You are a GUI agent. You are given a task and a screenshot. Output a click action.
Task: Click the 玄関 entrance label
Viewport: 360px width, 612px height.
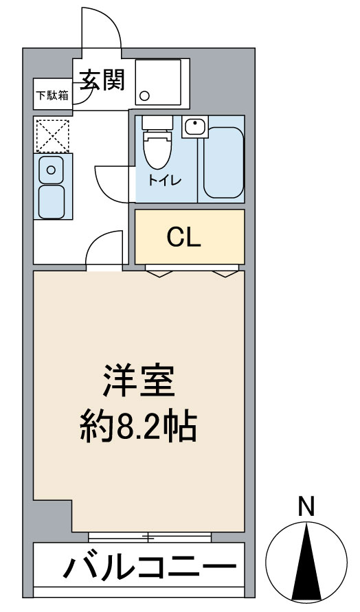[x=102, y=80]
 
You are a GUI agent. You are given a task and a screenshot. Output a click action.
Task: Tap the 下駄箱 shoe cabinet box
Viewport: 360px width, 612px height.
[x=53, y=95]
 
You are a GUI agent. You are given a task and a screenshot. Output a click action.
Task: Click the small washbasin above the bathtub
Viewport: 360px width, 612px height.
[x=195, y=126]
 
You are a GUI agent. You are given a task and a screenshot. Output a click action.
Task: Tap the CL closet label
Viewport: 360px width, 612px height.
[x=184, y=237]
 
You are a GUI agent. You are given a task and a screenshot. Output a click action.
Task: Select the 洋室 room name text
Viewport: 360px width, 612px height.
[x=139, y=381]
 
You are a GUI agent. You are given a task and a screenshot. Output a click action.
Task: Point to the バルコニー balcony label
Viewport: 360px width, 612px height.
[x=150, y=565]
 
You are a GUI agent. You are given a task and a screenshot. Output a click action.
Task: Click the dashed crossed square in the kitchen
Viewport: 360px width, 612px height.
[x=53, y=136]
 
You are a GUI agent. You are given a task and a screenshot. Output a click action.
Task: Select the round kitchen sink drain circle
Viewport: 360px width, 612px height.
[x=51, y=170]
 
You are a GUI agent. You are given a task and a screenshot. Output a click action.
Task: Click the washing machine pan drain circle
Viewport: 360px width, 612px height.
[x=145, y=95]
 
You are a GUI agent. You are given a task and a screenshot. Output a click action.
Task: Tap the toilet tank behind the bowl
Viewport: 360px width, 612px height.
[x=157, y=122]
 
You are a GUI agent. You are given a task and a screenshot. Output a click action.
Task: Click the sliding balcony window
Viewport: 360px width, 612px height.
[x=150, y=537]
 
